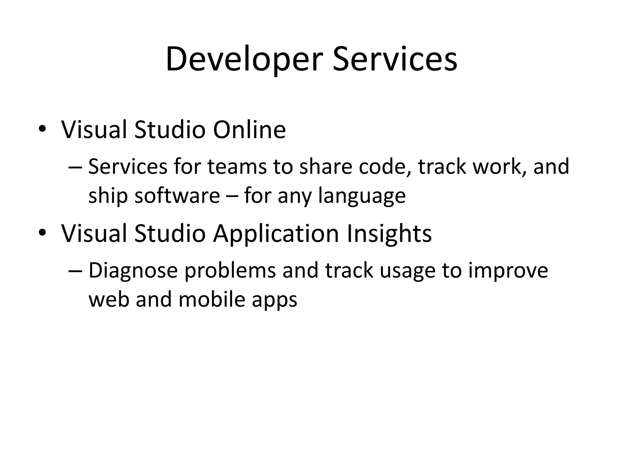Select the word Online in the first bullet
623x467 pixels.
point(249,130)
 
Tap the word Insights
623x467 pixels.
point(389,234)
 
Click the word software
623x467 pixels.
point(177,196)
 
